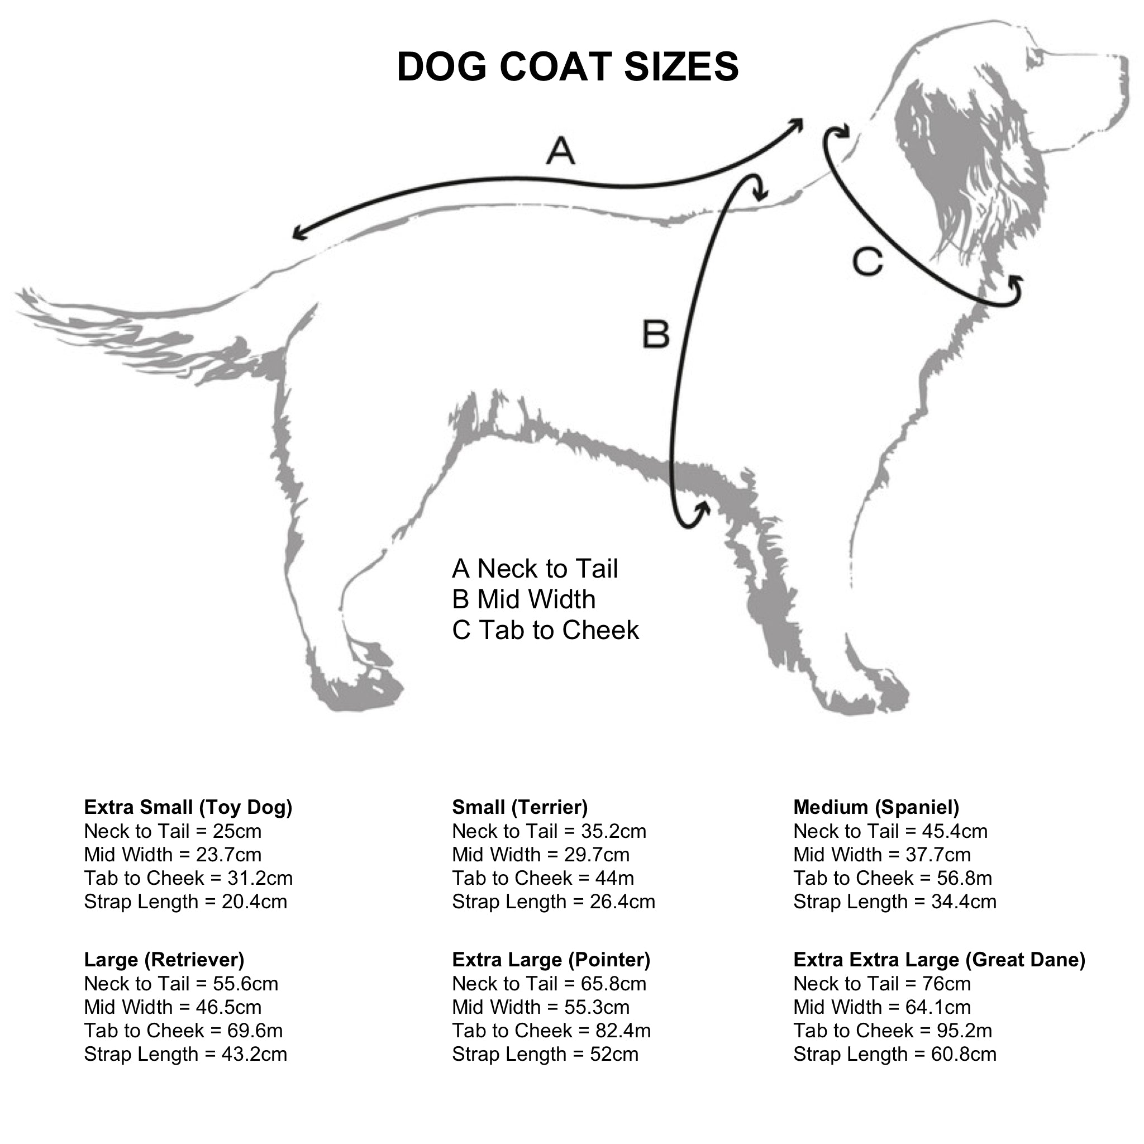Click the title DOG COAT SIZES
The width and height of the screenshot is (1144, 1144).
[568, 66]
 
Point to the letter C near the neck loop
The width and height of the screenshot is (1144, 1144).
[867, 263]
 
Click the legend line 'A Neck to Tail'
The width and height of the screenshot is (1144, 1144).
[535, 569]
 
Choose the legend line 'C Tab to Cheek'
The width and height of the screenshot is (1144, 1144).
[545, 630]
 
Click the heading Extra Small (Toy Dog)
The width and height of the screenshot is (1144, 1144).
[188, 807]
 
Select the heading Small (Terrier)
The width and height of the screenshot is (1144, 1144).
[520, 807]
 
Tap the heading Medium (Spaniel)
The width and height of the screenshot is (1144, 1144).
[876, 807]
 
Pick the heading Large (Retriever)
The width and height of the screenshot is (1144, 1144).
[164, 959]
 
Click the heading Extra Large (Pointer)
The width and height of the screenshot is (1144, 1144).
[551, 959]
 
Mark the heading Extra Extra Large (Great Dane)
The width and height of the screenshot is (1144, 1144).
[939, 959]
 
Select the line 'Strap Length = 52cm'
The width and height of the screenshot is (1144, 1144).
[545, 1054]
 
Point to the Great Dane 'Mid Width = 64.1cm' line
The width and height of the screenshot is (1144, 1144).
[882, 1007]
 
